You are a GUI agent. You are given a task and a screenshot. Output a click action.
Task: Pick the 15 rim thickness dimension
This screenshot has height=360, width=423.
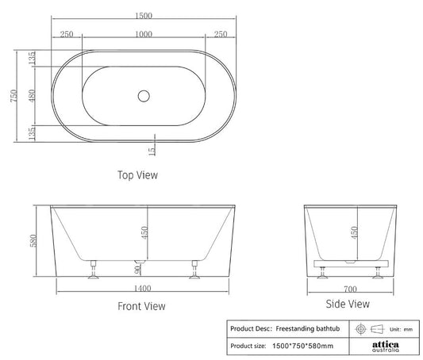[151, 148]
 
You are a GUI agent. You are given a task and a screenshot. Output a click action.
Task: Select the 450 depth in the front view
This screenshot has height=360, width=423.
[144, 230]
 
